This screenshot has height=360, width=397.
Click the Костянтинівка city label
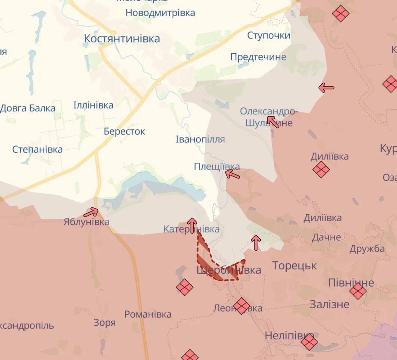[x=122, y=39]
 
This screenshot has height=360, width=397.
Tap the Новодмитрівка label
[x=160, y=13]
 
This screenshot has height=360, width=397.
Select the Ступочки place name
[x=269, y=35]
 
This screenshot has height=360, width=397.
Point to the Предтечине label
[x=258, y=57]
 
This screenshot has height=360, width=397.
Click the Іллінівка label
[x=93, y=105]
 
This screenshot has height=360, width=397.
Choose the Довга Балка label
[x=28, y=108]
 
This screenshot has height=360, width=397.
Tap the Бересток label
[x=124, y=132]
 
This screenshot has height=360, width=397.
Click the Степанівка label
[x=38, y=149]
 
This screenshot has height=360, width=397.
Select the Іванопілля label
[x=200, y=139]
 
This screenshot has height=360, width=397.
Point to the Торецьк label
[x=294, y=266]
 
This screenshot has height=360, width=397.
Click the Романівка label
[x=148, y=314]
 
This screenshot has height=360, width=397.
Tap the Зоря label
[x=104, y=322]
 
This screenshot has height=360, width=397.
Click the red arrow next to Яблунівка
[x=91, y=213]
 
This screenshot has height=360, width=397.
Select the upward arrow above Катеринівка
[x=192, y=225]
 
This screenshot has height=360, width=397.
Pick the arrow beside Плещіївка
[x=232, y=174]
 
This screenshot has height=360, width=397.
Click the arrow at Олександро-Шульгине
[x=273, y=121]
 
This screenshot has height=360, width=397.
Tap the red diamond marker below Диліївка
[x=321, y=169]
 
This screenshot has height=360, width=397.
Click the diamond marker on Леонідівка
[x=241, y=306]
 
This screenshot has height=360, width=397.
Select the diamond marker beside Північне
[x=358, y=291]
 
